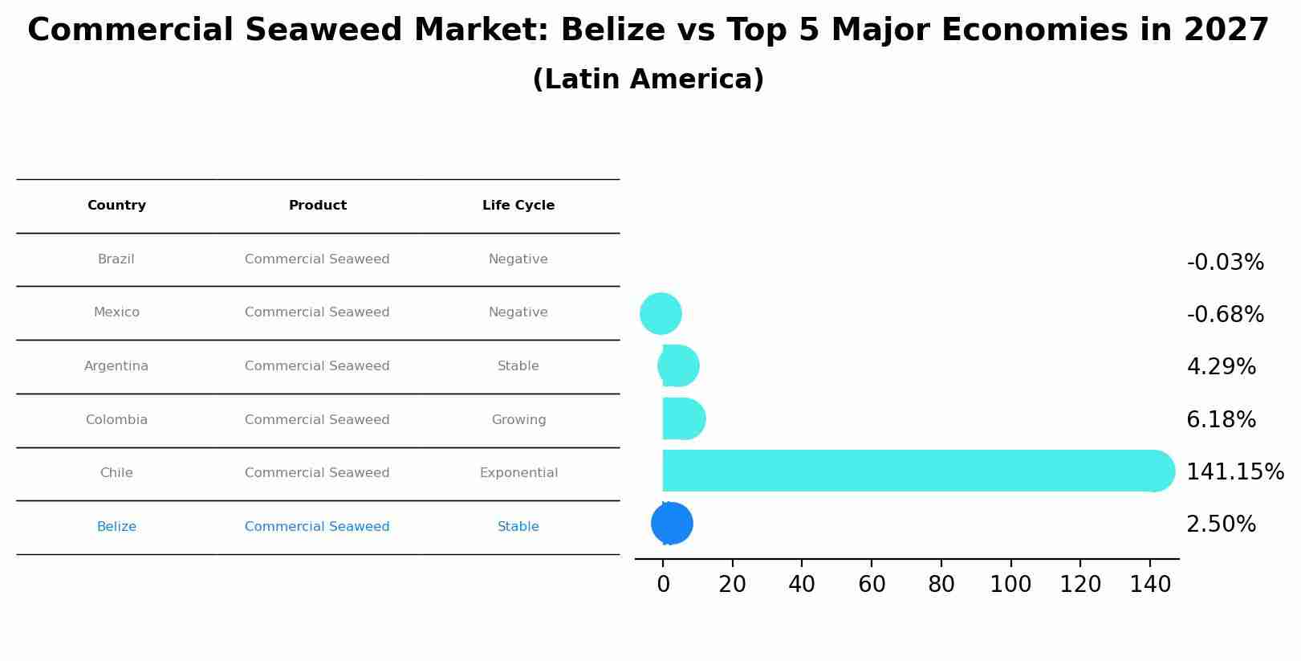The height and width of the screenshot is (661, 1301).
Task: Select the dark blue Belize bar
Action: point(672,524)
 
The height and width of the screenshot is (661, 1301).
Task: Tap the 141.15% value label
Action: point(1234,472)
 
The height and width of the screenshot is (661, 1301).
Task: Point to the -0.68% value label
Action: point(1225,315)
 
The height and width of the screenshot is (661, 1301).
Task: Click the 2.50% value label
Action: point(1221,524)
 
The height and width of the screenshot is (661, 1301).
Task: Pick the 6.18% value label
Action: point(1221,420)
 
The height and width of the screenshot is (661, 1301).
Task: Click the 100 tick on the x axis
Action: point(1010,585)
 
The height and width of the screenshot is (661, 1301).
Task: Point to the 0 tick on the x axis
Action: point(663,585)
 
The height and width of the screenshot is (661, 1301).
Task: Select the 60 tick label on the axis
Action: point(872,585)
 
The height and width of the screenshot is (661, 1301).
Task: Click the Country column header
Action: point(116,206)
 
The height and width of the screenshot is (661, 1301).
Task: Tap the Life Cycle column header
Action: point(518,206)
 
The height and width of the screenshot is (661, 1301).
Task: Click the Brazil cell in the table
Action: point(116,259)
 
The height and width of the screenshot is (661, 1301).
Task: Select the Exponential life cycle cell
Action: point(518,473)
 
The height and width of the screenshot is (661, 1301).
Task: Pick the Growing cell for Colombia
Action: point(518,420)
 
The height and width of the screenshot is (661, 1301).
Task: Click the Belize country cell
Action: point(116,527)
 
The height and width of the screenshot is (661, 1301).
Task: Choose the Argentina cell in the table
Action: point(116,366)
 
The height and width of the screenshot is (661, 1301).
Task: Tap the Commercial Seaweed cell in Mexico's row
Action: point(317,312)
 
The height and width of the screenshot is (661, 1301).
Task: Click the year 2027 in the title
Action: point(1226,31)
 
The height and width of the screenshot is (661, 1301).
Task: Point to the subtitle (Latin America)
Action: point(648,80)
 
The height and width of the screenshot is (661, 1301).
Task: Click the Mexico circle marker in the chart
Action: point(661,313)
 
